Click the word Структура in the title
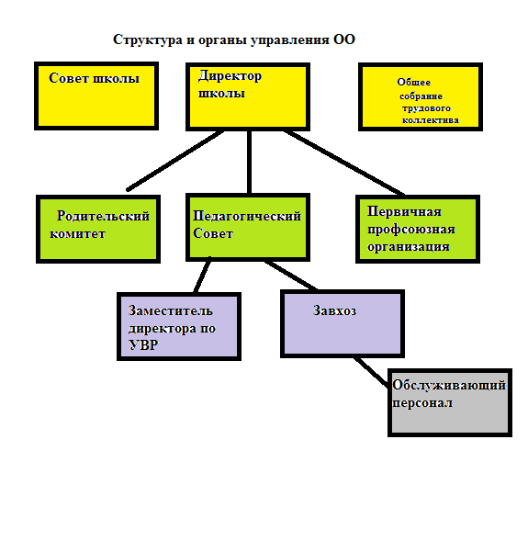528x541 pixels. point(148,40)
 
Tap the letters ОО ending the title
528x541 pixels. point(343,39)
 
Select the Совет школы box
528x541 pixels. point(96,96)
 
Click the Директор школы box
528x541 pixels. point(248,96)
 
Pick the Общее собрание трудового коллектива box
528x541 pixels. point(421,97)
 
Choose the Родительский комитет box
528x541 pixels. point(98,229)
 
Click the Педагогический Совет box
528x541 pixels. point(248,228)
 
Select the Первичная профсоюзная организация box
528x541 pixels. point(418,229)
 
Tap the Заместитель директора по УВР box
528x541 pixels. point(179,326)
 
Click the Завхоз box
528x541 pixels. point(343,323)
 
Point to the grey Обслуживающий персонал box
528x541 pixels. point(450,402)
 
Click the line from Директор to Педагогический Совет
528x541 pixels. point(249,163)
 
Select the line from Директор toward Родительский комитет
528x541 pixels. point(174,161)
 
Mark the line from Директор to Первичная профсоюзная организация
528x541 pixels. point(343,163)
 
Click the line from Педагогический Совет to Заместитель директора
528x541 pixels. point(202,275)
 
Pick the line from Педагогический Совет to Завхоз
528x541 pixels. point(291,276)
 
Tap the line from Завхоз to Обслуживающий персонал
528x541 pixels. point(371,373)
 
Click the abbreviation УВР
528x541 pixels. point(143,345)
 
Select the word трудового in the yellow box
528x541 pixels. point(426,108)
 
